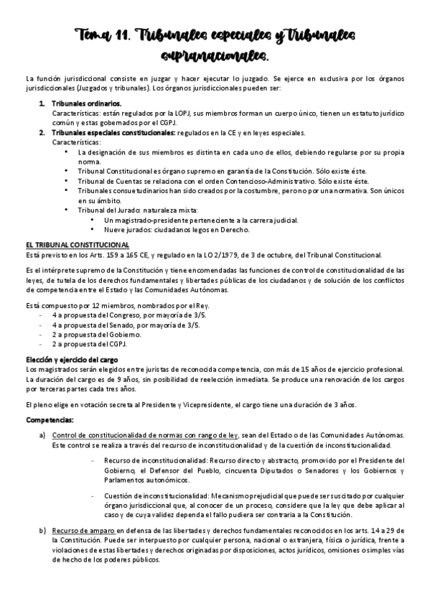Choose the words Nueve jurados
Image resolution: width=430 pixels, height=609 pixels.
[x=126, y=229]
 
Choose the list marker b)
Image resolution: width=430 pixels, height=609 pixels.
[x=42, y=530]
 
